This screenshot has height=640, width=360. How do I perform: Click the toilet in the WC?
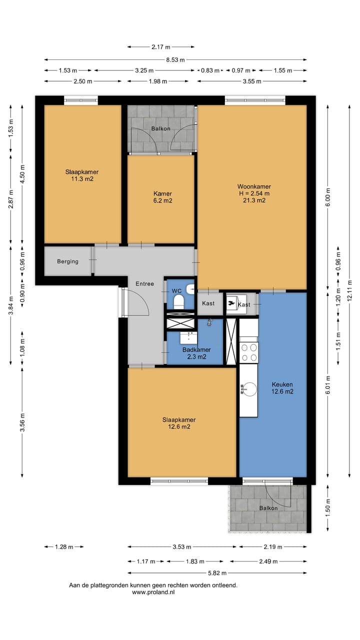coord(179,302)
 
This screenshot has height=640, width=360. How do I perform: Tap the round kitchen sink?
coord(249,389)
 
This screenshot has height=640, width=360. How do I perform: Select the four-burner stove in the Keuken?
coord(249,352)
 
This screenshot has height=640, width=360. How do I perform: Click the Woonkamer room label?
coord(254,186)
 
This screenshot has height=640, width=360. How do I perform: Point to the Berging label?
coord(67,261)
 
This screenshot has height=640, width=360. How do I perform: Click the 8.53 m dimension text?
coord(175,59)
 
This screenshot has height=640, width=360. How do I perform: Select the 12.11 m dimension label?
coord(349,290)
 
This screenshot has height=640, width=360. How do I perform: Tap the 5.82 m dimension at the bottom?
coord(217,573)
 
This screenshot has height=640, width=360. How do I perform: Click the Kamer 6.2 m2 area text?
coord(162,200)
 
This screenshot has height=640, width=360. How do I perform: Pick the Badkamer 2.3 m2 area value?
coord(196,356)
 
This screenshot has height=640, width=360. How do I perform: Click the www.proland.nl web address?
coord(153,592)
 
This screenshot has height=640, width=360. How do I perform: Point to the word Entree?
coord(145,283)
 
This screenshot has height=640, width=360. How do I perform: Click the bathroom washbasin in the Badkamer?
coord(188,338)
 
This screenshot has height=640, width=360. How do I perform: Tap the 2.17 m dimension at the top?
coord(161,47)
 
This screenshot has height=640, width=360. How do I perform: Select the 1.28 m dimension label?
coord(64,547)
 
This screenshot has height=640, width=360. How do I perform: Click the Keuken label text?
coord(282,384)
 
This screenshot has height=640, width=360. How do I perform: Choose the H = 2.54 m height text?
coord(254,193)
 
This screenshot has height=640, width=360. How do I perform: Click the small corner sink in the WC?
coord(190,289)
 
